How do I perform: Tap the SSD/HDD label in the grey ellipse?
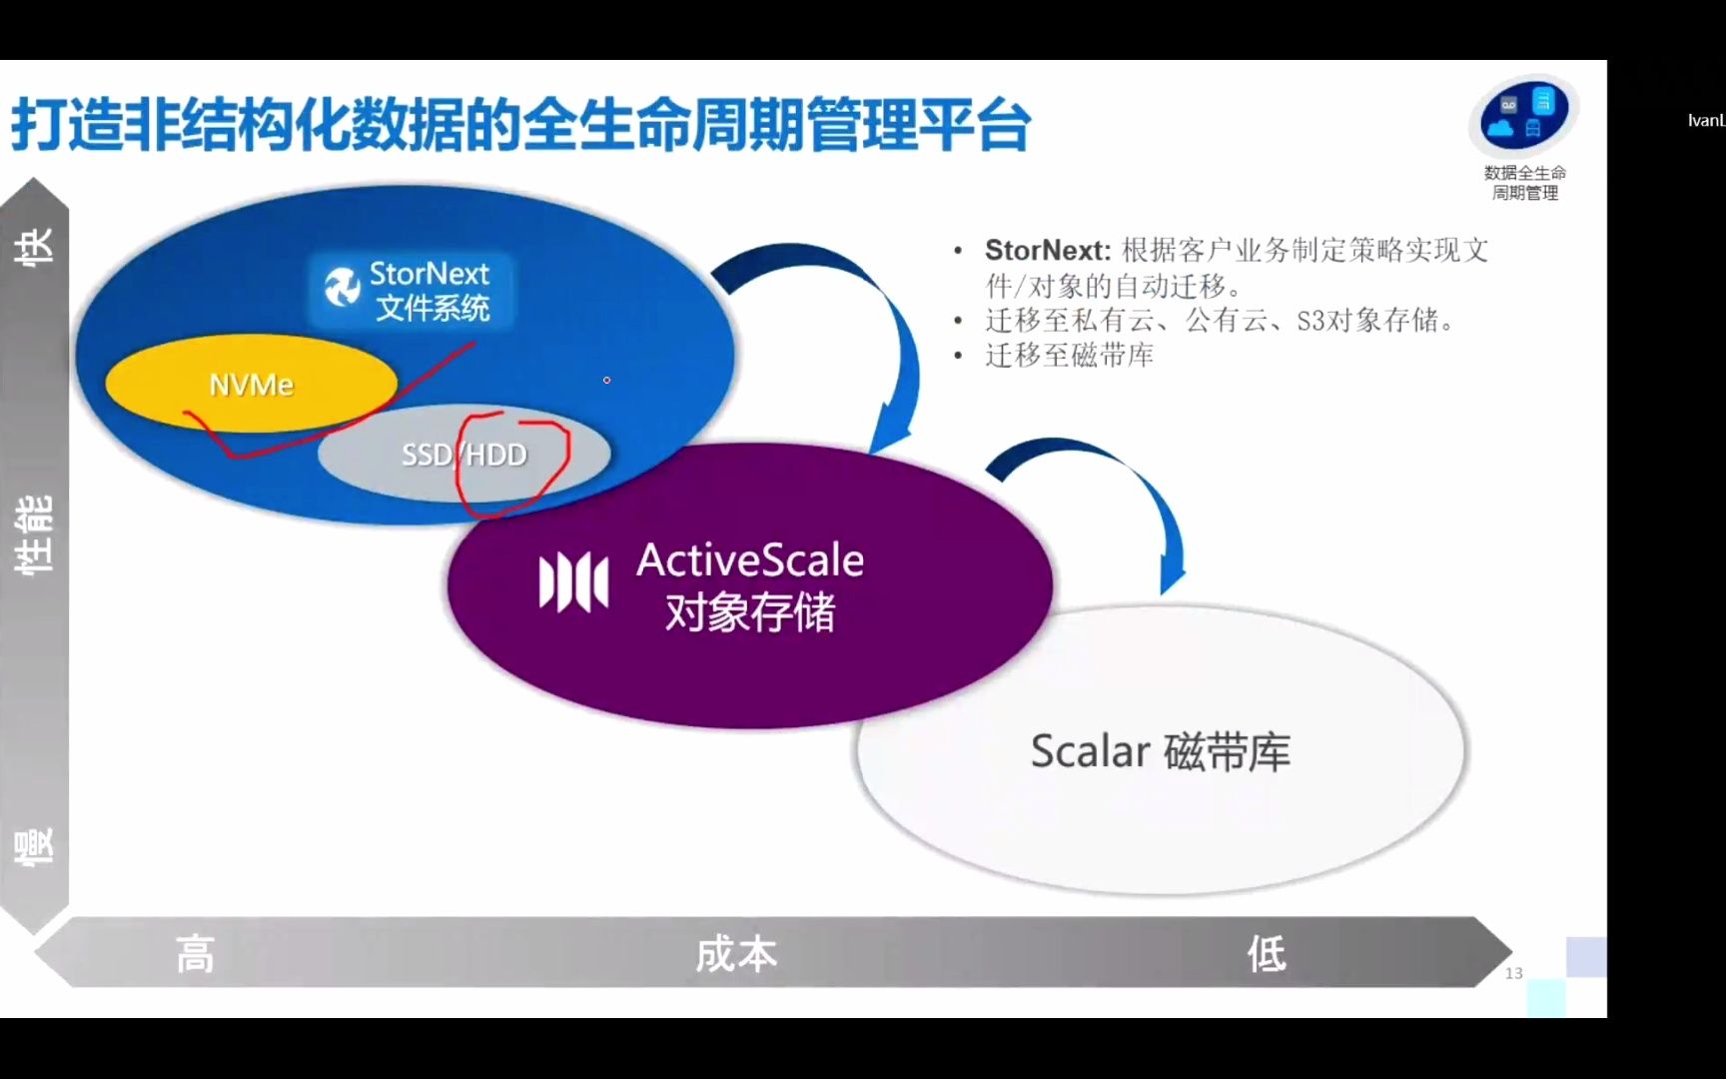[463, 455]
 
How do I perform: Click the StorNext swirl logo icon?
[343, 288]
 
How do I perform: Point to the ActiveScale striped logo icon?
[573, 581]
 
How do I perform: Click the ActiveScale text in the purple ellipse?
[750, 559]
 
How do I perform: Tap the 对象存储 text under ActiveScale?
[750, 611]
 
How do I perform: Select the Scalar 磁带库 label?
[1160, 751]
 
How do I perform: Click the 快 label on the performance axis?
[34, 246]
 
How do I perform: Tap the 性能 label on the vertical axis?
[34, 535]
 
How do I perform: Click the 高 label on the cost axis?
[195, 954]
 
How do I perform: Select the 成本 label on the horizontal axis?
[736, 954]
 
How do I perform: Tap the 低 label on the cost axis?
[1267, 954]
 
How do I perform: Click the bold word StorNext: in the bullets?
[1047, 250]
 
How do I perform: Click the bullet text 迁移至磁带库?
[1070, 355]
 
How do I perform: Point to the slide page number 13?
[1513, 973]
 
